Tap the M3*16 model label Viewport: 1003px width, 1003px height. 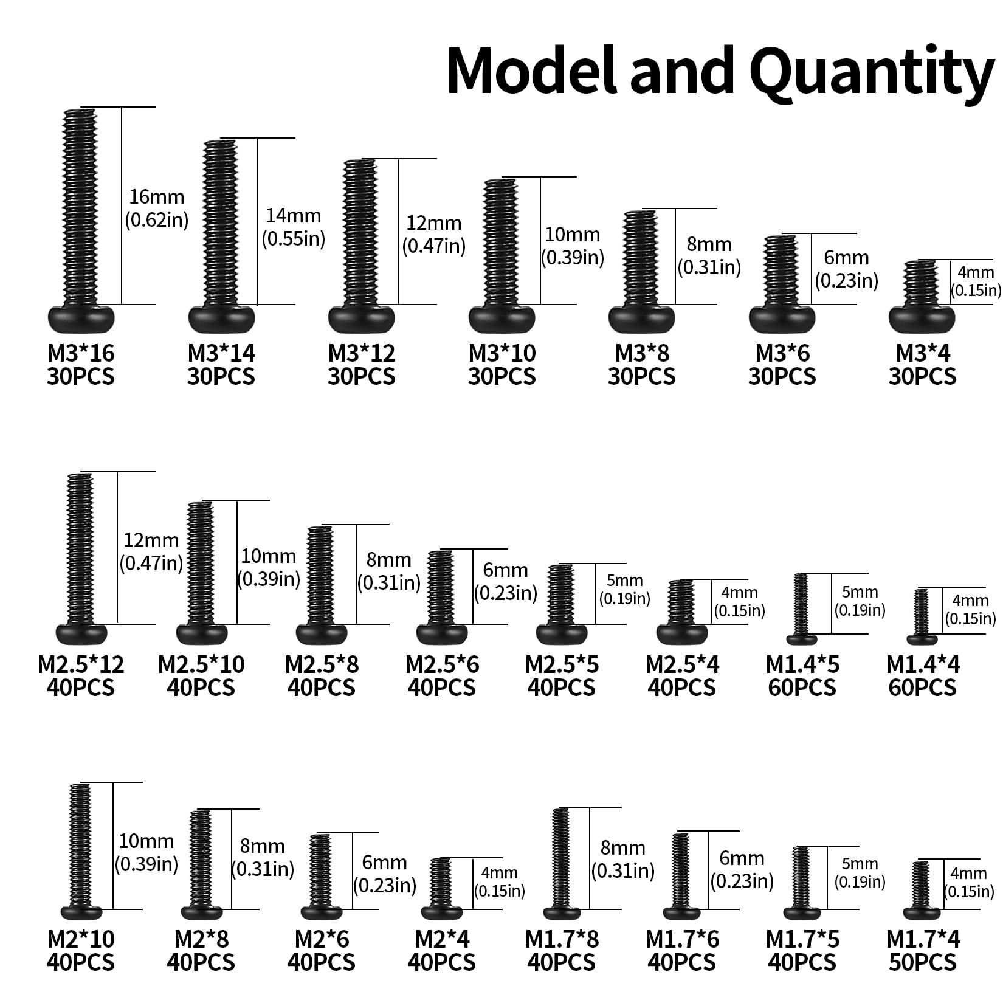click(81, 353)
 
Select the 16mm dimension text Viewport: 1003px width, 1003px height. click(156, 197)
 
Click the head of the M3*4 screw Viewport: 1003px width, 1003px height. click(922, 319)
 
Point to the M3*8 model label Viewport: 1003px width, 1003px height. click(642, 353)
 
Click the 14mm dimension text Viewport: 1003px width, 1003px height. click(294, 216)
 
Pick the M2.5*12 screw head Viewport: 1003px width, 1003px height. click(81, 634)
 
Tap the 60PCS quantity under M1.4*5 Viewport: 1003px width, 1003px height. click(802, 688)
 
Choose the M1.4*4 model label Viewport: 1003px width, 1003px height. click(923, 664)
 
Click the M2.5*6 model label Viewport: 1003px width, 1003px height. click(442, 664)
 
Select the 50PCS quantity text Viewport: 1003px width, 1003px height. click(922, 962)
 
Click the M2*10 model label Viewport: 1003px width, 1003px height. click(81, 939)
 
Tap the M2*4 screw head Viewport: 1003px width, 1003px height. click(442, 913)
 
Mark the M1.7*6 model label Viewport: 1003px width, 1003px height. click(682, 939)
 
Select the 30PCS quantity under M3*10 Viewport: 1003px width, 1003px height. click(501, 376)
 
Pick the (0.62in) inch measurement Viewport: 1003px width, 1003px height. click(157, 219)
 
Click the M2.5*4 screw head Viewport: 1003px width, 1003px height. click(683, 634)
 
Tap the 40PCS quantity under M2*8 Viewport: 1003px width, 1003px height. click(201, 962)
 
